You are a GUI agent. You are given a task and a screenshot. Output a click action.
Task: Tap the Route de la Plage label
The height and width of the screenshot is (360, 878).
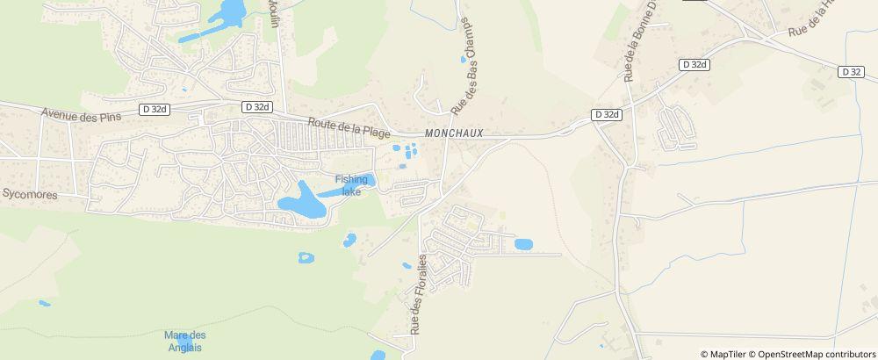(x=348, y=127)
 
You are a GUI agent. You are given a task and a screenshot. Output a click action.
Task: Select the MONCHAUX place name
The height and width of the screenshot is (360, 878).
(x=454, y=133)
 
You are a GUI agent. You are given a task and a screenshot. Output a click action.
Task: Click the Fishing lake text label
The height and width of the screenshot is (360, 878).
(x=351, y=185)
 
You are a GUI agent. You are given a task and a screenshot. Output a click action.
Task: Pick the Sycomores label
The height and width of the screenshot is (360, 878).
(x=29, y=193)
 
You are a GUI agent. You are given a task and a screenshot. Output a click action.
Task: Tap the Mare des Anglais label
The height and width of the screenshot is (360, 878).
(x=184, y=341)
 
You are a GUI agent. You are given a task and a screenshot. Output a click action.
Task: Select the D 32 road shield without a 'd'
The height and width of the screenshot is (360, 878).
(x=850, y=72)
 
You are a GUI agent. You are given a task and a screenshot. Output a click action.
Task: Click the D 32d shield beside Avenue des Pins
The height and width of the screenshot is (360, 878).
(x=152, y=109)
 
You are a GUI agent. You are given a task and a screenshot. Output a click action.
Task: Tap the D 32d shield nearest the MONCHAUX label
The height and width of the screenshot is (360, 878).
(x=606, y=115)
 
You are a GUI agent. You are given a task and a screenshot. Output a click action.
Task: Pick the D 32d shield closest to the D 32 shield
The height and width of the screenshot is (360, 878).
(x=694, y=64)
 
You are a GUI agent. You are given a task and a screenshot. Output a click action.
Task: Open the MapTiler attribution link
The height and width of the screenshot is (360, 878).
(x=726, y=354)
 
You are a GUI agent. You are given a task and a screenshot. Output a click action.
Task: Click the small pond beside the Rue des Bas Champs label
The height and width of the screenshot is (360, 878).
(x=464, y=61)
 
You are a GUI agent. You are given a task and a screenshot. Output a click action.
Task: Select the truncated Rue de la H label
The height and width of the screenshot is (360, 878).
(x=810, y=19)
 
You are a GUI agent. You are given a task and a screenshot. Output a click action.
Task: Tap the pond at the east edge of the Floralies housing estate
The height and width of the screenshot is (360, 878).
(x=523, y=244)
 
